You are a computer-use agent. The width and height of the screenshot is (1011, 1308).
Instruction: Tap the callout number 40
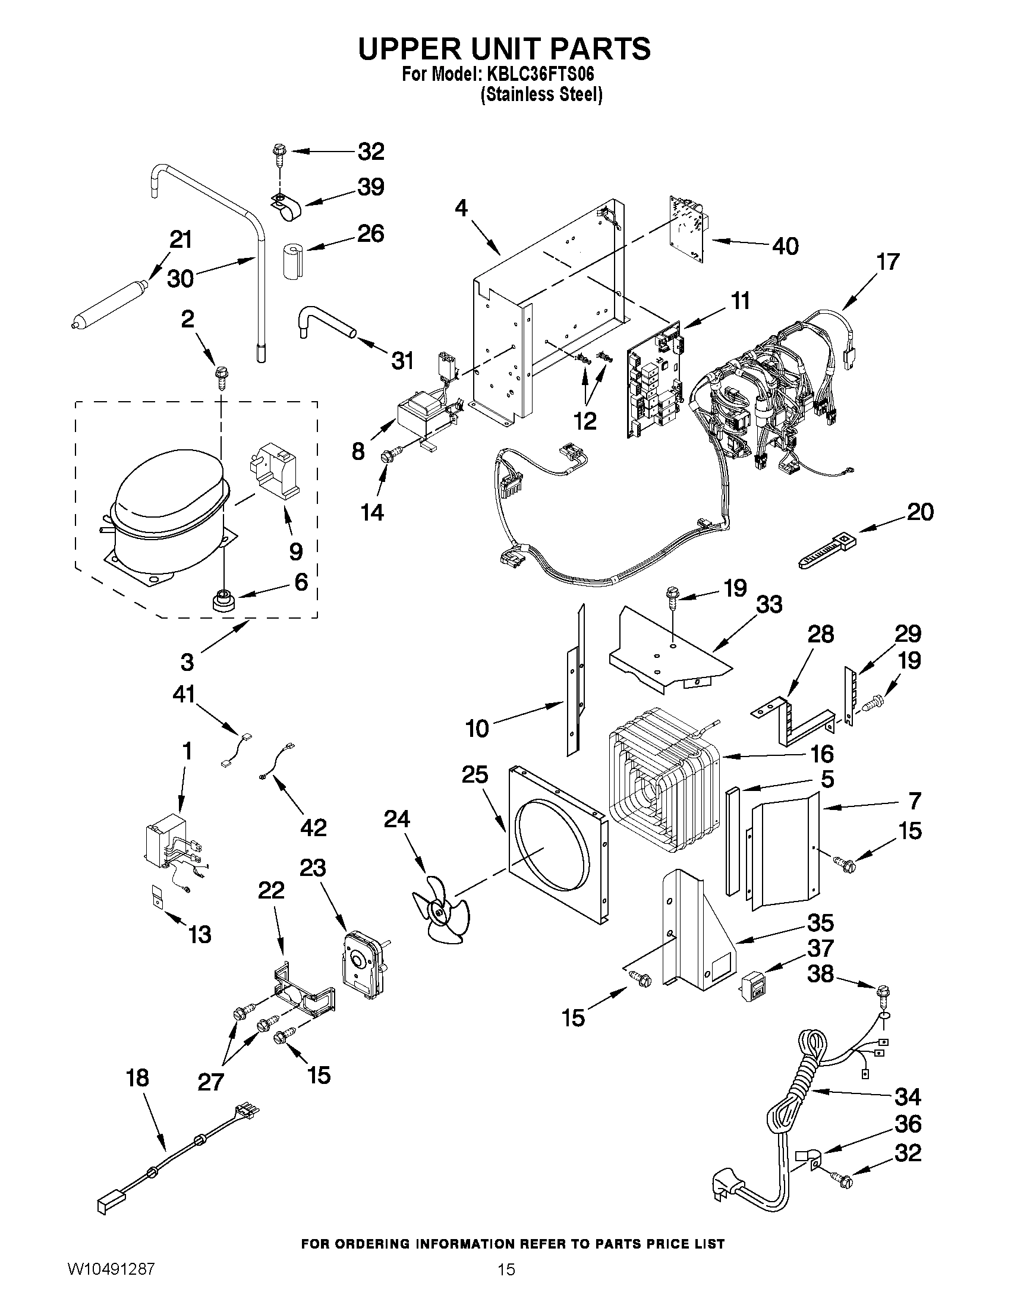click(785, 246)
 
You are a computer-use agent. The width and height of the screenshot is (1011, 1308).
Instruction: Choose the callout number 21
click(181, 239)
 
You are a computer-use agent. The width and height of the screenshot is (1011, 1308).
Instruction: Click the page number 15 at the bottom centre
click(506, 1286)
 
